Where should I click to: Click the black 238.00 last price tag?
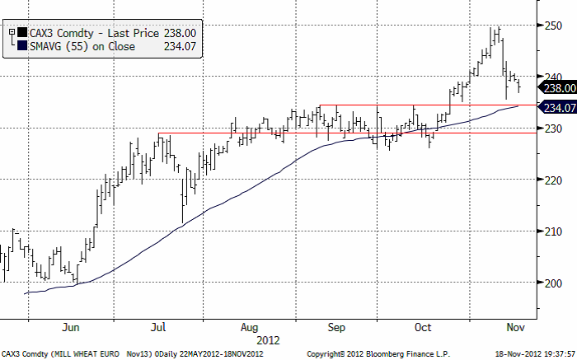pos(558,86)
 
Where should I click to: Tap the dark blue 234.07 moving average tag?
pos(558,107)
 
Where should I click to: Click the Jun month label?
pos(70,325)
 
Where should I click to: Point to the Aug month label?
pos(249,325)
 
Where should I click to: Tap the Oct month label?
pos(424,325)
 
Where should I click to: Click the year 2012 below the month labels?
pos(269,339)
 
